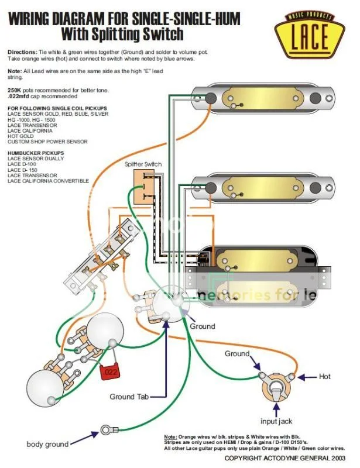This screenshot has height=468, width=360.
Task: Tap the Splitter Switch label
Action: [143, 164]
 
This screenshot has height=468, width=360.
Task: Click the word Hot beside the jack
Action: [325, 376]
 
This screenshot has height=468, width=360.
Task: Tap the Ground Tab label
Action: [130, 397]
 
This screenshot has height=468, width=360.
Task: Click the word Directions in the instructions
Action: [22, 52]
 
